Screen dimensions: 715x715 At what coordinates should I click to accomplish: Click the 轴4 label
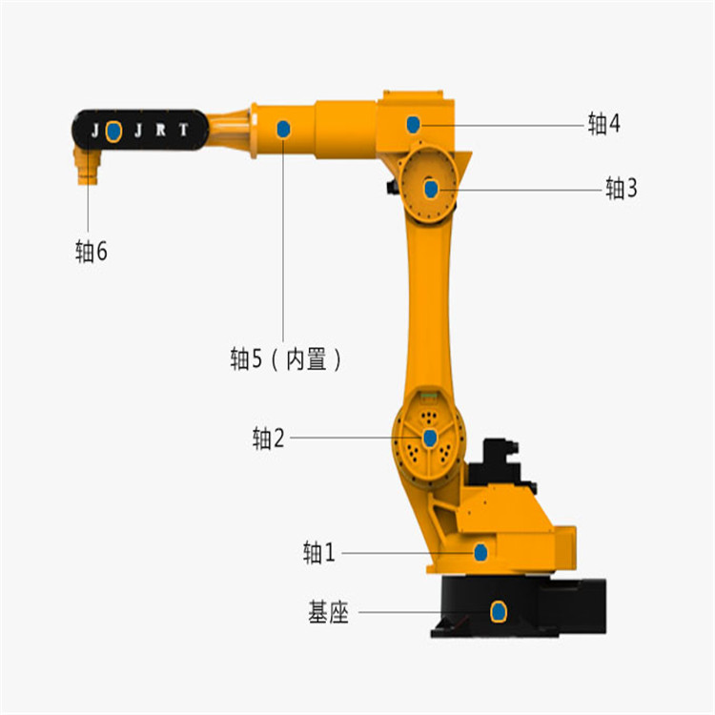[x=603, y=124]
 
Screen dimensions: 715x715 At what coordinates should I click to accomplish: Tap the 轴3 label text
[x=621, y=188]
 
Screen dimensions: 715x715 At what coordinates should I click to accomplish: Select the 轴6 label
[x=92, y=252]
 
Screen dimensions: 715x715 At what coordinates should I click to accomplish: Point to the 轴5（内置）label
[x=286, y=359]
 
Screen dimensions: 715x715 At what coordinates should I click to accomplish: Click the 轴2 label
[x=269, y=439]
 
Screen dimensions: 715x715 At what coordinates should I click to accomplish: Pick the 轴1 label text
[x=319, y=553]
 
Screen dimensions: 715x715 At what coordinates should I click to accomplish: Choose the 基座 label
[x=328, y=612]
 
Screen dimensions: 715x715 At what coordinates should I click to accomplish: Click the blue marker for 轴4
[x=413, y=125]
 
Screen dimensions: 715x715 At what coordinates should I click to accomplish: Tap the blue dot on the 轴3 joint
[x=431, y=189]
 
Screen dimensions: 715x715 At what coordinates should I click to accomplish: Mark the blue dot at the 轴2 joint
[x=430, y=439]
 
